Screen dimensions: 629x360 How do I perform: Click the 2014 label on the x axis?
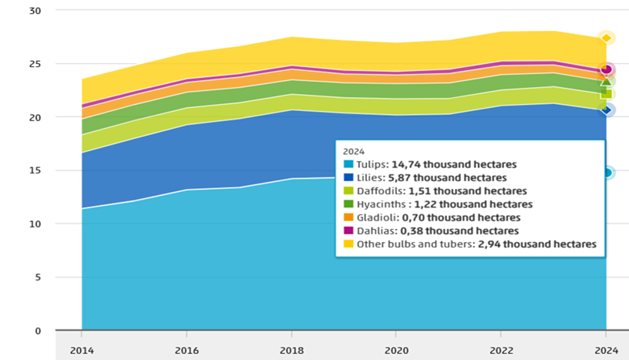click(x=82, y=351)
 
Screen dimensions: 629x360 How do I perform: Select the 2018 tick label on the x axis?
click(x=291, y=351)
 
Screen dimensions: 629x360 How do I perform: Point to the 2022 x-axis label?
click(x=501, y=351)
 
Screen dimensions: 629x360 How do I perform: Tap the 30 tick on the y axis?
click(x=35, y=11)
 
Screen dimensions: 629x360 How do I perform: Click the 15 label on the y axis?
click(x=35, y=170)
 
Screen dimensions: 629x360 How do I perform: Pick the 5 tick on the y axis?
click(x=38, y=277)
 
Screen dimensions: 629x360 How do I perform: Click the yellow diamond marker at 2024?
click(x=606, y=38)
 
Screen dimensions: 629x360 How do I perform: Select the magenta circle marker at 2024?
click(x=606, y=69)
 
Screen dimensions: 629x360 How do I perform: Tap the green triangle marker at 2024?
click(x=606, y=82)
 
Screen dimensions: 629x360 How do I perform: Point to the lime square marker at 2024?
click(x=606, y=94)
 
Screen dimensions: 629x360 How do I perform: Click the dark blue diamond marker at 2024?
click(x=606, y=109)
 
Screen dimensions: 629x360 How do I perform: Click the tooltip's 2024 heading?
click(x=353, y=152)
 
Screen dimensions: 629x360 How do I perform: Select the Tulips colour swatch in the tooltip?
click(x=348, y=164)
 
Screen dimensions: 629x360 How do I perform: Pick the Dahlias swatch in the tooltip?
click(x=348, y=230)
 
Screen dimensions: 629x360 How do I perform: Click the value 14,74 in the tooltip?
click(x=406, y=164)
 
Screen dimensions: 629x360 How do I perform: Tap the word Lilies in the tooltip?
click(x=371, y=177)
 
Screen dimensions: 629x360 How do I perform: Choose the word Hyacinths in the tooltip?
click(x=382, y=204)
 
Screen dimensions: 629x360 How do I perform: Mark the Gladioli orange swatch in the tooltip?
click(x=348, y=217)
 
